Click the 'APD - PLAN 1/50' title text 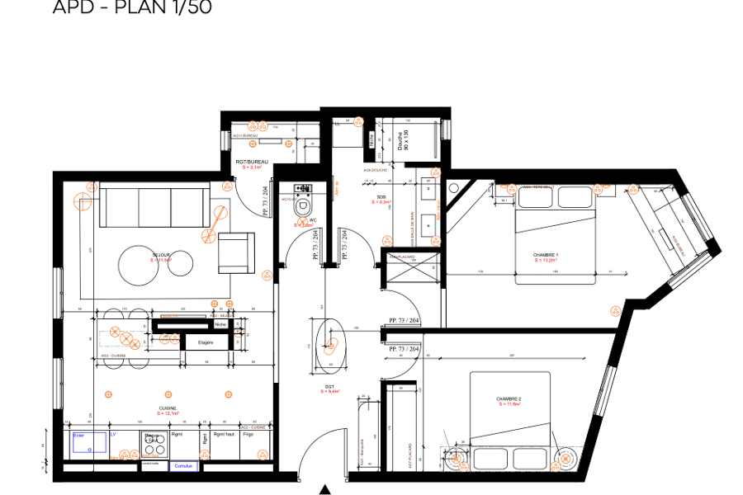132,8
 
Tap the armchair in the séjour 235,252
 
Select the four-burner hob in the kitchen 154,445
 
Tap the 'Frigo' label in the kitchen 248,435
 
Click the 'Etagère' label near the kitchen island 205,342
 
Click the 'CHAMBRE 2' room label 509,399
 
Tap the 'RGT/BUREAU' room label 250,163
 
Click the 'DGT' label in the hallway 329,387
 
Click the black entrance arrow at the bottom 325,489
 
